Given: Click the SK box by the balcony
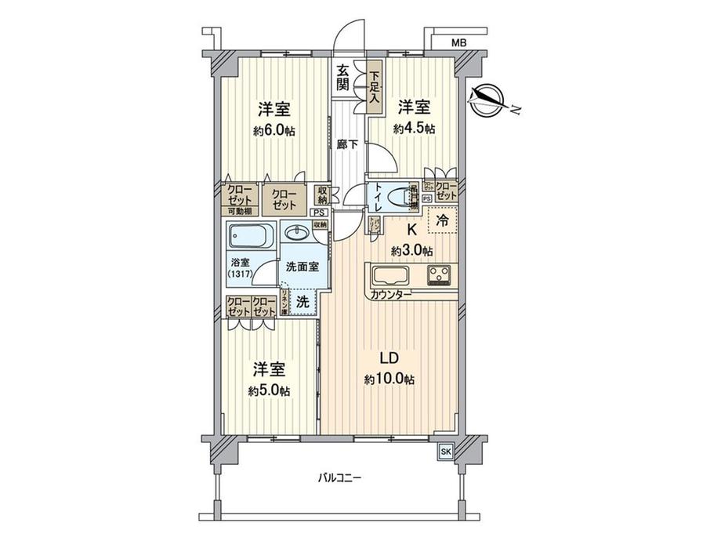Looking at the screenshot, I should (x=445, y=452).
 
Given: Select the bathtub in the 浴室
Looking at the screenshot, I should (x=250, y=235).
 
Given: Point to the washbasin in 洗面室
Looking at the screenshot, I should (x=297, y=234).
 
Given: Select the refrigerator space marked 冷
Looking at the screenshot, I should (x=442, y=222).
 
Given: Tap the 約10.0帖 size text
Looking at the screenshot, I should (x=389, y=379).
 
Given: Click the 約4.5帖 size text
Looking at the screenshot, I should (x=414, y=129).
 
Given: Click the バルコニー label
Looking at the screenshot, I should (x=340, y=477).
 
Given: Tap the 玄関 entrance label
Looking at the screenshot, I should (x=343, y=78).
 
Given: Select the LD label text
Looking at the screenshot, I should (x=389, y=358).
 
